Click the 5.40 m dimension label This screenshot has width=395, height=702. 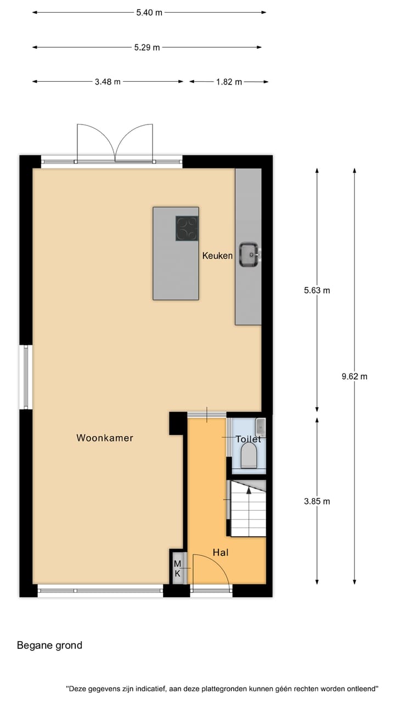point(149,13)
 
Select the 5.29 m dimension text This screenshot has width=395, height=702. point(147,48)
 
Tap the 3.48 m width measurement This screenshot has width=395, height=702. point(108,82)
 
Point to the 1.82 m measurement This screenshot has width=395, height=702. point(229,82)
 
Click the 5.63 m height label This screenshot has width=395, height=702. point(317,291)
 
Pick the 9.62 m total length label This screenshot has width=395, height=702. point(354,376)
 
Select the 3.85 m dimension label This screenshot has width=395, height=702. point(317,501)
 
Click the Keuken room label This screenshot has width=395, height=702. point(217,256)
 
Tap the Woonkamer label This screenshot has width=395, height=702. point(105,438)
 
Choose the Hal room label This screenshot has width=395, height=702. point(221,552)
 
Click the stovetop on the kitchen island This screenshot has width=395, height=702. point(187,229)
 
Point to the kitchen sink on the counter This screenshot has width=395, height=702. point(249,254)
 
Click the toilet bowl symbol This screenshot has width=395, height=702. point(249,456)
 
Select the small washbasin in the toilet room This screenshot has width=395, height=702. point(261,426)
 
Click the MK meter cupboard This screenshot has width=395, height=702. point(178,568)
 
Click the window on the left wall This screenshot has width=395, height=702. point(25,377)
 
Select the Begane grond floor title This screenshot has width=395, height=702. point(49,646)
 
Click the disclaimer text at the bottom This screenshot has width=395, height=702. point(223,688)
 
